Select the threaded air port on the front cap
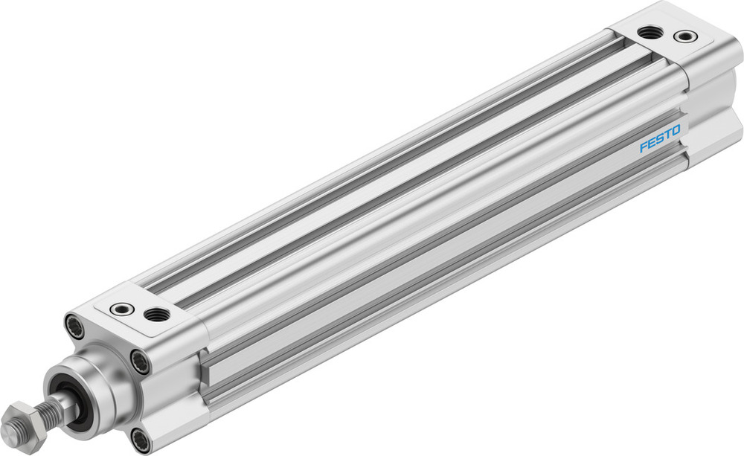click(x=156, y=314)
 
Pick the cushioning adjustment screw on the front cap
click(x=121, y=308)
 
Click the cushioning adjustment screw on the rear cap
click(x=684, y=36)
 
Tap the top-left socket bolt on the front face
click(x=74, y=324)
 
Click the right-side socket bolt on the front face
click(x=140, y=362)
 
